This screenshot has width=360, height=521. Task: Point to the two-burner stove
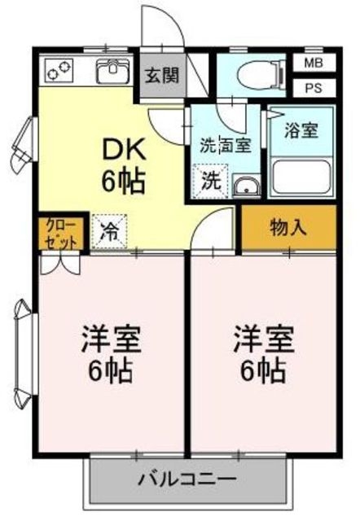tap(59, 72)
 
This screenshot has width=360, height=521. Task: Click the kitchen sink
tap(111, 72)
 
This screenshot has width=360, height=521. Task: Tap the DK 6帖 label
tap(123, 164)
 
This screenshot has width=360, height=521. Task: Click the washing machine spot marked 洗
tap(209, 181)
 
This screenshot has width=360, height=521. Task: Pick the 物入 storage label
tap(289, 227)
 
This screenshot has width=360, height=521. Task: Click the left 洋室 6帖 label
tap(110, 354)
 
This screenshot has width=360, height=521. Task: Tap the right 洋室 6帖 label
tap(262, 354)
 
